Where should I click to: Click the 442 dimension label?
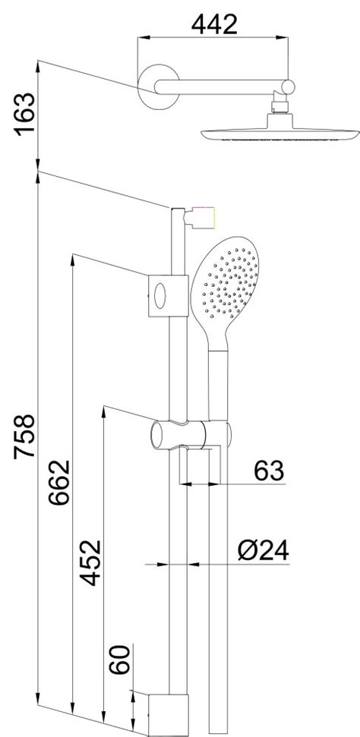[x=214, y=24]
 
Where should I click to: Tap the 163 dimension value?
[x=25, y=114]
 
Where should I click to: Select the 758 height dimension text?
[x=24, y=436]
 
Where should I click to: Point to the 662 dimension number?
[x=59, y=482]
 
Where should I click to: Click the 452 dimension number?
[x=90, y=562]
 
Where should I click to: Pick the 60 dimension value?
[x=119, y=660]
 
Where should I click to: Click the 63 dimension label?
[x=269, y=471]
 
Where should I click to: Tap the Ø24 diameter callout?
[x=263, y=550]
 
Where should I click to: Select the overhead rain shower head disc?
[x=280, y=134]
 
